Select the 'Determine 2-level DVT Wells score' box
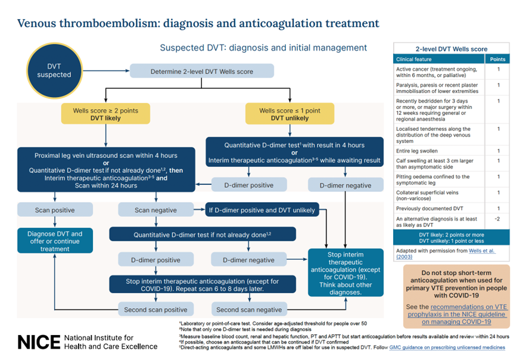click(201, 72)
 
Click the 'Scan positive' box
click(54, 209)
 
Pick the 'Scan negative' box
click(155, 209)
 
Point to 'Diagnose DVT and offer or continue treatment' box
click(54, 241)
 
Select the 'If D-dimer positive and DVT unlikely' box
click(262, 209)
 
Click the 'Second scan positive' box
click(155, 309)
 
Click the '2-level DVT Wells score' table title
click(452, 49)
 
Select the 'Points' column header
click(497, 59)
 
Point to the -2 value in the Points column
click(497, 219)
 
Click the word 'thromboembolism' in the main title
click(116, 24)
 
